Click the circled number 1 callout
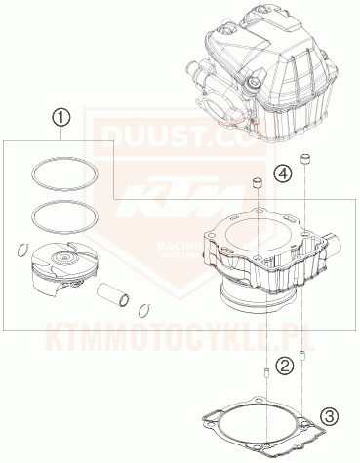pyautogui.click(x=61, y=120)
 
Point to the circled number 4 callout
pyautogui.click(x=282, y=174)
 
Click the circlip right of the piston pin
pyautogui.click(x=143, y=311)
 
